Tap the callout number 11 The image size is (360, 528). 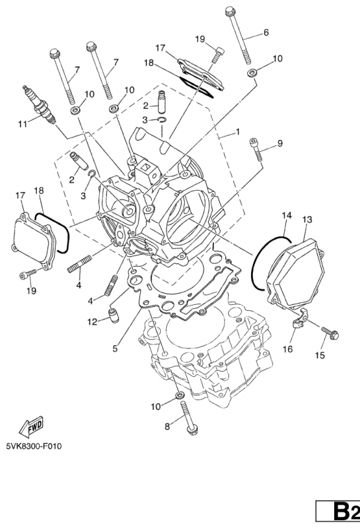tap(22, 123)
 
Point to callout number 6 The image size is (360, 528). tap(266, 32)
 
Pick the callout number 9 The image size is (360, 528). tap(279, 143)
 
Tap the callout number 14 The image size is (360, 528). tap(286, 216)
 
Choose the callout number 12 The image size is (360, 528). tap(92, 321)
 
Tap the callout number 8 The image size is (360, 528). tap(167, 427)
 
